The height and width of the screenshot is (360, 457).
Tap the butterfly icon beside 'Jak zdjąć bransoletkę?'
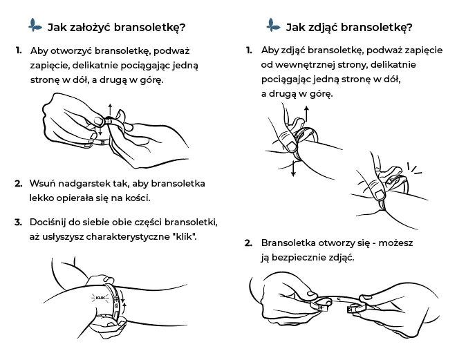coord(272,26)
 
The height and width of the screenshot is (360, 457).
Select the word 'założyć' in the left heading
coord(88,28)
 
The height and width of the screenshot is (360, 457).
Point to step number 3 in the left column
coord(19,222)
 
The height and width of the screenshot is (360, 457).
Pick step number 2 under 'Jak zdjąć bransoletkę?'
coord(248,243)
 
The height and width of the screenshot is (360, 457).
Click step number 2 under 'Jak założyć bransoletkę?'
coord(19,184)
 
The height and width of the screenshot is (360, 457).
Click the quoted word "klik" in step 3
coord(185,236)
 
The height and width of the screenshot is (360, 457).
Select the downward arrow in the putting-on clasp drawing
coord(99,131)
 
